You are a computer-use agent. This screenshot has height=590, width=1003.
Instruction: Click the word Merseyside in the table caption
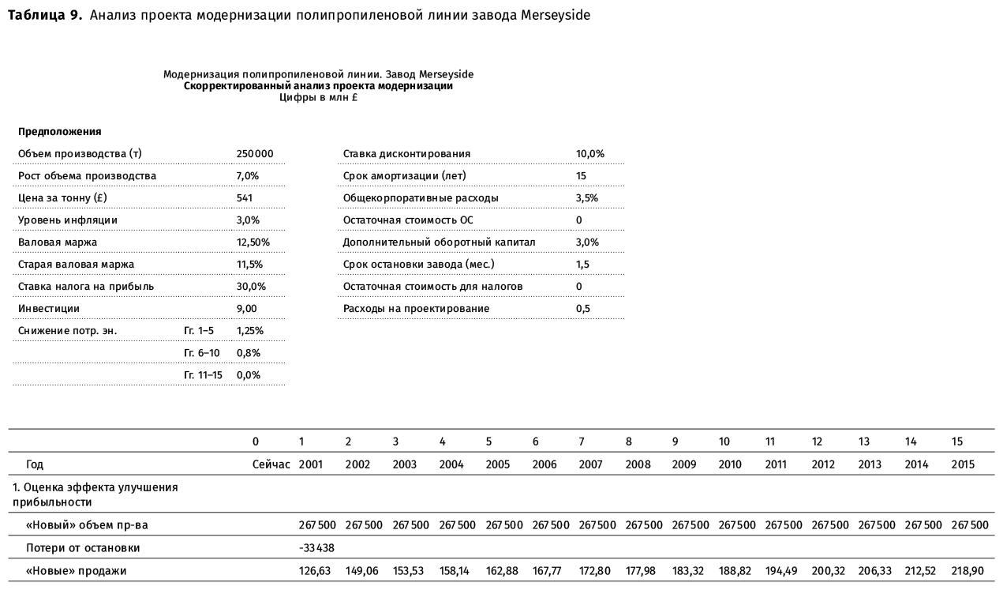point(555,16)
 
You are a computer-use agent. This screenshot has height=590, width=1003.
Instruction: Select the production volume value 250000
point(255,153)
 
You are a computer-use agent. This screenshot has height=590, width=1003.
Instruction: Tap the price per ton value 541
point(245,197)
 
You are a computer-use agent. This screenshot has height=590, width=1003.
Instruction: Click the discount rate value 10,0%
point(590,153)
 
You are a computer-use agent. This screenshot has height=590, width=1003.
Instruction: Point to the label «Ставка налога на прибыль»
point(86,286)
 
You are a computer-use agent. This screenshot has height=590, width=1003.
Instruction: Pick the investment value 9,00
point(247,308)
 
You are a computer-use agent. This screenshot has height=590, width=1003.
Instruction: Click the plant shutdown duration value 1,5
point(583,264)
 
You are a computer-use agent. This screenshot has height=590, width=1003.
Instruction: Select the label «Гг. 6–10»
point(201,352)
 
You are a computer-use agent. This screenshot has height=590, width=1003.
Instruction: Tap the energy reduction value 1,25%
point(250,330)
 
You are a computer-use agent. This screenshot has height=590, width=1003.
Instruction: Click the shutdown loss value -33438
point(316,548)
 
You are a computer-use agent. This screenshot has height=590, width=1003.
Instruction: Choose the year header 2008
point(637,464)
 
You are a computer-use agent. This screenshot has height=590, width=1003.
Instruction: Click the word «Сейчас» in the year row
point(271,464)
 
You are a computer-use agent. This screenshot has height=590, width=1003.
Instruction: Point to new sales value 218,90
point(968,570)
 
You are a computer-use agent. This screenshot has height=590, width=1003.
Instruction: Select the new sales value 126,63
point(314,570)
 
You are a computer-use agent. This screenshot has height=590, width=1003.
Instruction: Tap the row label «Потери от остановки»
point(77,548)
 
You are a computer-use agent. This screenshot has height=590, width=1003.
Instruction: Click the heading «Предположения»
point(60,131)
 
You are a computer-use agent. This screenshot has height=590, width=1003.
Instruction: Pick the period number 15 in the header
point(957,441)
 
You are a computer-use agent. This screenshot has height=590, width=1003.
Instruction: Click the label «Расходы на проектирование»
point(416,308)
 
